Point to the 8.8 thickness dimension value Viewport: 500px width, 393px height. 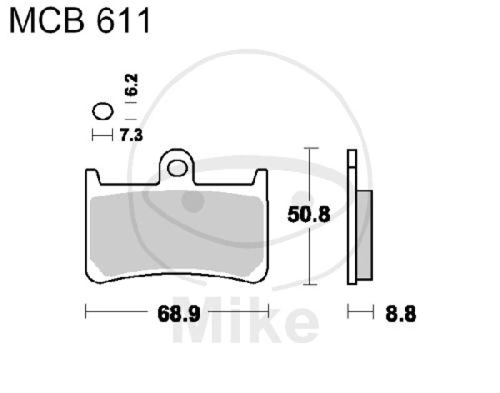click(x=400, y=311)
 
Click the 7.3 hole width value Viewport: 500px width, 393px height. click(x=129, y=134)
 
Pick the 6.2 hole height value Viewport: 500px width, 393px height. click(x=131, y=86)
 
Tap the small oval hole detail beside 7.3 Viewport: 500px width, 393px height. click(x=102, y=112)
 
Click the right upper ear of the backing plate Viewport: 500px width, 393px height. click(x=262, y=177)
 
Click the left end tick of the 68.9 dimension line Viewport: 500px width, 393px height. click(x=86, y=310)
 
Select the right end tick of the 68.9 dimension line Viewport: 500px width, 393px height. click(x=267, y=310)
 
